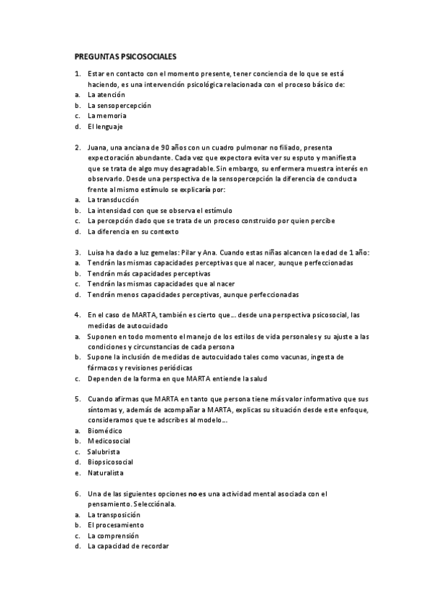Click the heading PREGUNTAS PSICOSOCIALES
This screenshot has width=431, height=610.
coord(126,55)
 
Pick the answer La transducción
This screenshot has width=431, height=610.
coord(113,199)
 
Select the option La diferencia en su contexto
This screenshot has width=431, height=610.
coord(133,232)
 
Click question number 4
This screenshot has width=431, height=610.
coord(77,315)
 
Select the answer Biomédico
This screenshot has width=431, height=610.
coord(106,430)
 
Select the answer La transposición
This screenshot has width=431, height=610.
coord(114,515)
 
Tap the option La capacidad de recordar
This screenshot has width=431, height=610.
coord(128,547)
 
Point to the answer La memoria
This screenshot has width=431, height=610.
coord(107,115)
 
